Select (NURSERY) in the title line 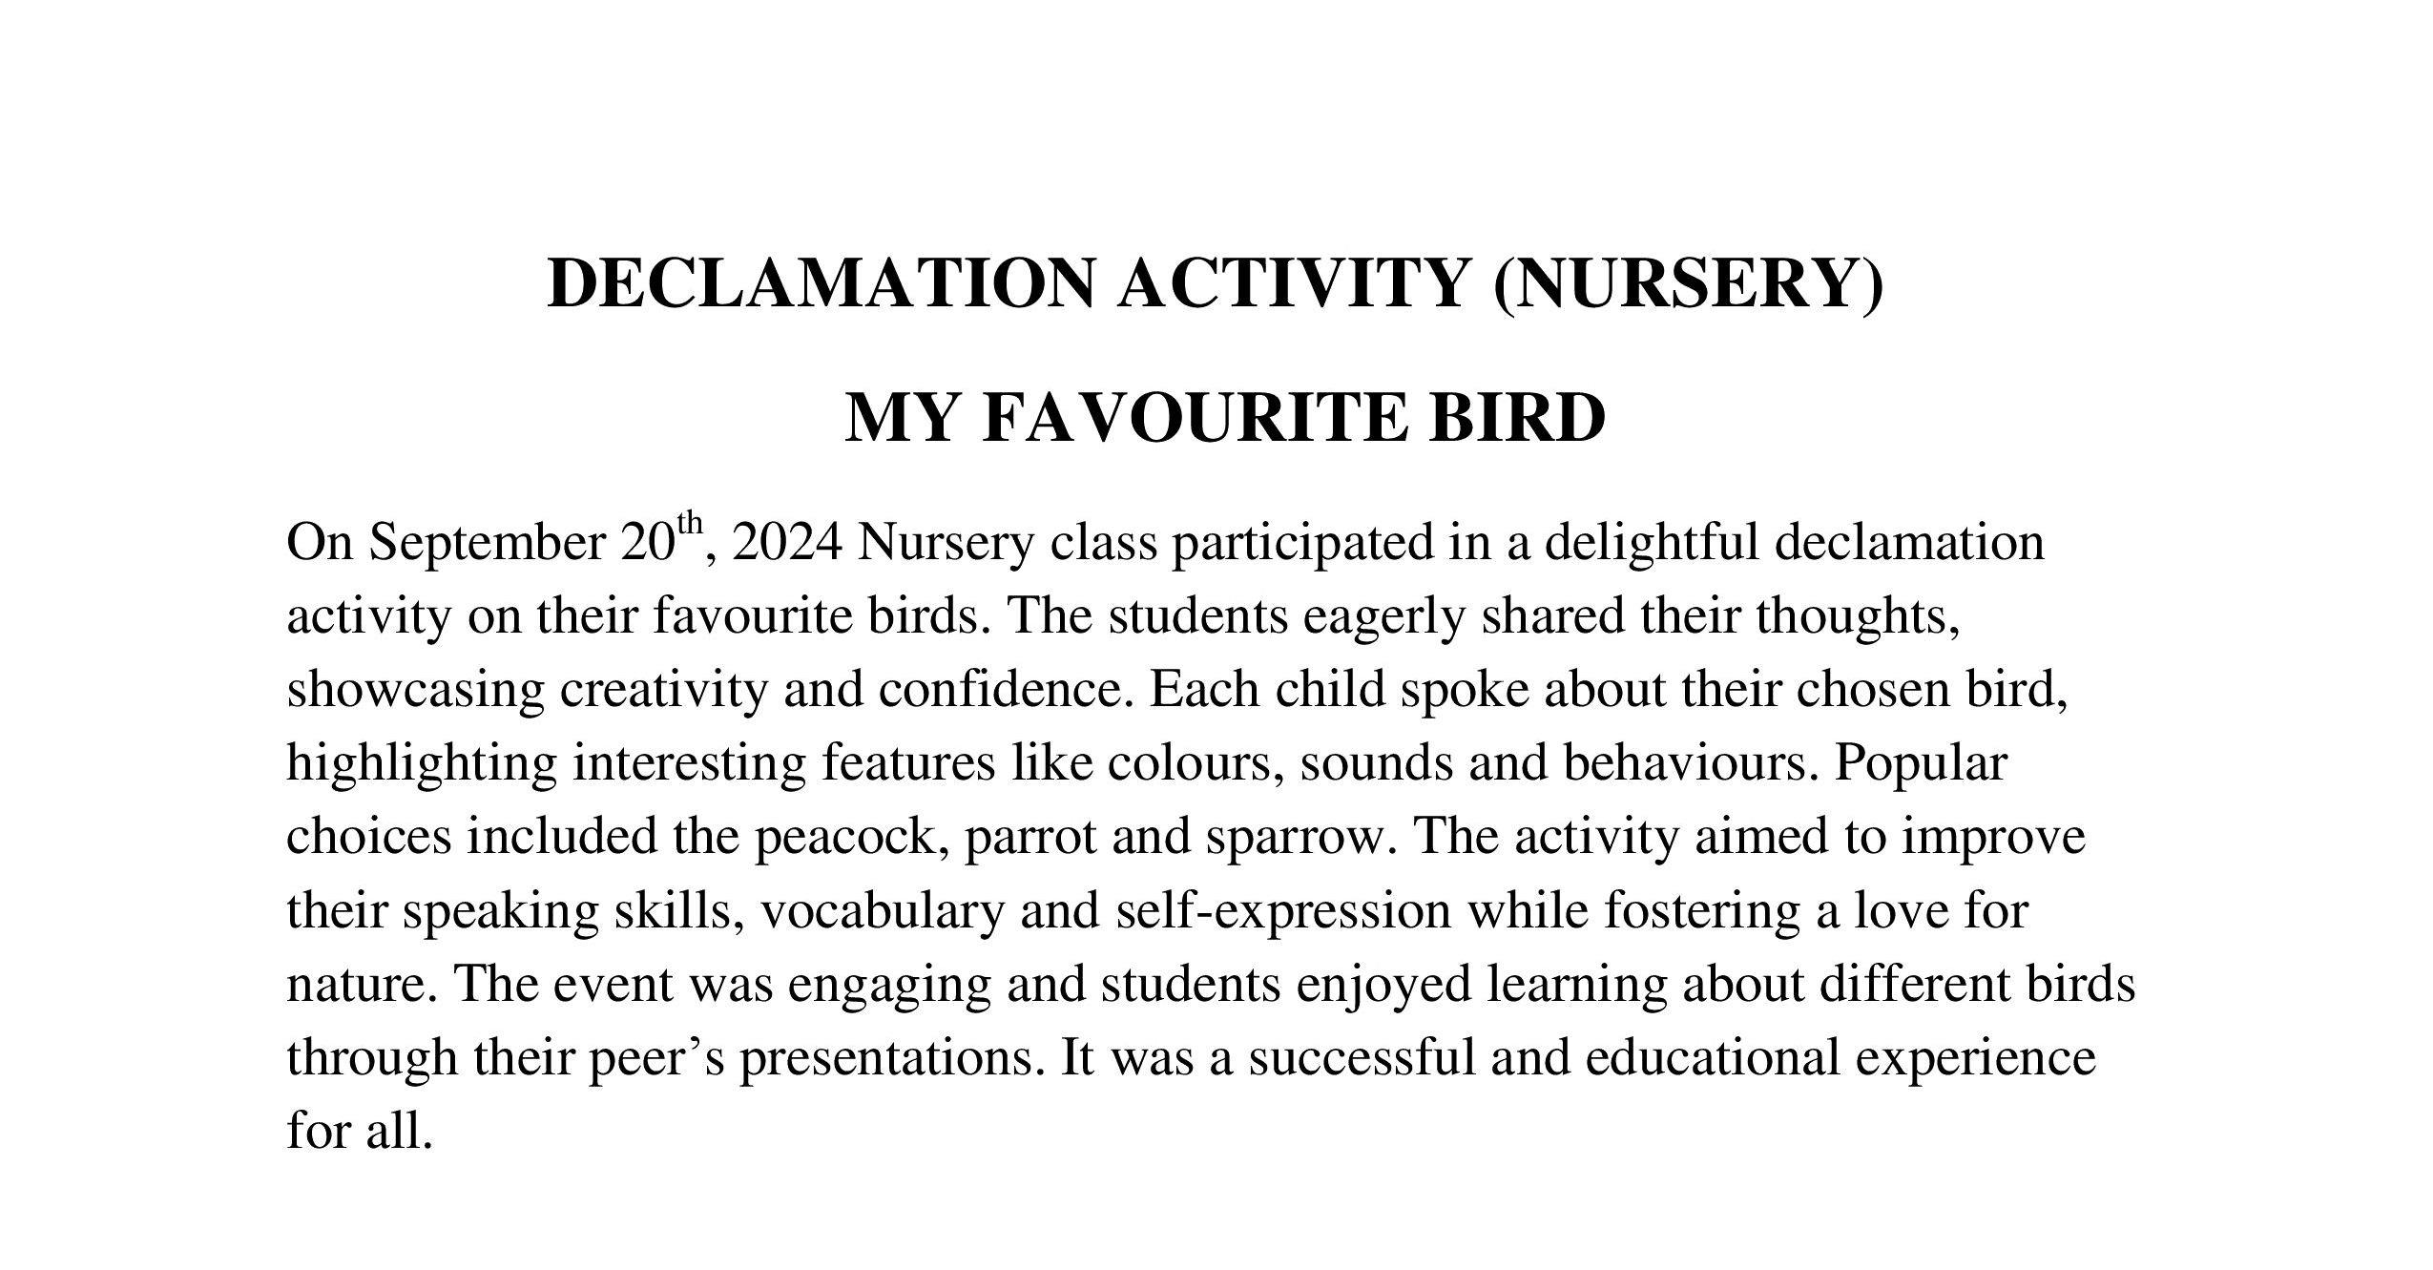click(1688, 284)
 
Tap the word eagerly click(1384, 617)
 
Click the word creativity click(662, 690)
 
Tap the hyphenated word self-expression click(1282, 912)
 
